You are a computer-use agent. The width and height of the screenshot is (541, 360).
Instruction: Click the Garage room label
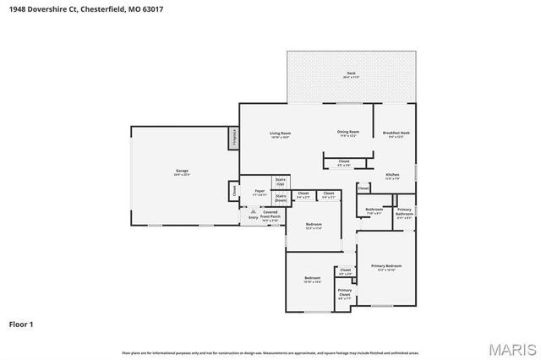coord(182,172)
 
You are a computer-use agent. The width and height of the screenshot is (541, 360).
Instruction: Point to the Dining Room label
coord(348,133)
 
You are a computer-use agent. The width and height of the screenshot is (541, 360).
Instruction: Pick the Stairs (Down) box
coord(281,197)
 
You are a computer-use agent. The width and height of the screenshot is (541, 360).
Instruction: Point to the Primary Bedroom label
coord(385,267)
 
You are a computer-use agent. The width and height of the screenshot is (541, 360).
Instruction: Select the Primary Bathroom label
coord(404,212)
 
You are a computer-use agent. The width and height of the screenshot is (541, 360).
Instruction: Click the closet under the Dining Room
coord(344,162)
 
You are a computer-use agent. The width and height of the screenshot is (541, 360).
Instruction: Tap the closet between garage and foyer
coord(233,191)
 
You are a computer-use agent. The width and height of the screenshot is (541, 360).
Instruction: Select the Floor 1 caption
coord(21,323)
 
